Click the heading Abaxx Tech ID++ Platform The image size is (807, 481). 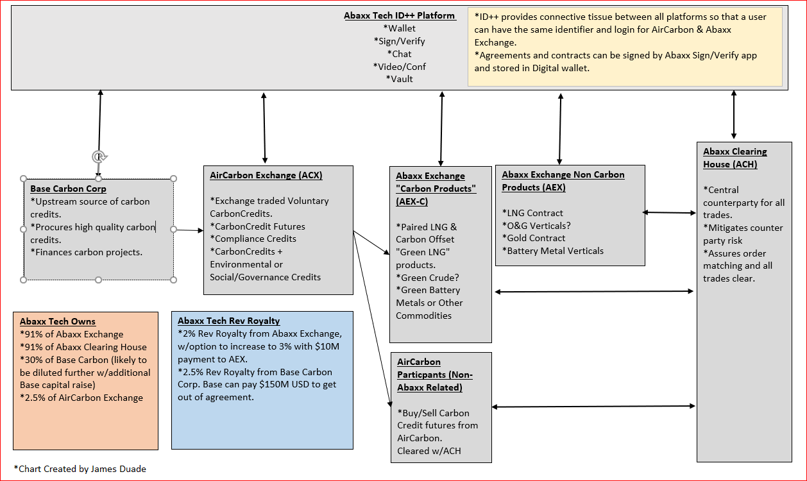pos(399,15)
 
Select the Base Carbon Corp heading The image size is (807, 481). pos(68,189)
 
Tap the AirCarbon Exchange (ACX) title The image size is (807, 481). pos(266,175)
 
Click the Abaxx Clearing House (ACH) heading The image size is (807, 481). pos(735,158)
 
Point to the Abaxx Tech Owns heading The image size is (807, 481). pos(57,321)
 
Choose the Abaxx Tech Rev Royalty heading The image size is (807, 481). pos(228,321)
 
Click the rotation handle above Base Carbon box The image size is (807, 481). pos(98,156)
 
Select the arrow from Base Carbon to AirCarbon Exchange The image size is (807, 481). pos(188,230)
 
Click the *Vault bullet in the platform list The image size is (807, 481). pos(399,79)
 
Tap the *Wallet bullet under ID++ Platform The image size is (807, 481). pos(399,28)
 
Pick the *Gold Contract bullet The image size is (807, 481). pos(533,238)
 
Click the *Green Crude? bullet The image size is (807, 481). pos(427,278)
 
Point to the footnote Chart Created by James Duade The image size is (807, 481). pos(80,469)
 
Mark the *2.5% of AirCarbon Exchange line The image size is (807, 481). pos(81,398)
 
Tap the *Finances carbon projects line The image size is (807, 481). pos(86,252)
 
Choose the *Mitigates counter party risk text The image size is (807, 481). pos(733,234)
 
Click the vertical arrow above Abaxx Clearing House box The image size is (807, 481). pos(734,115)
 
